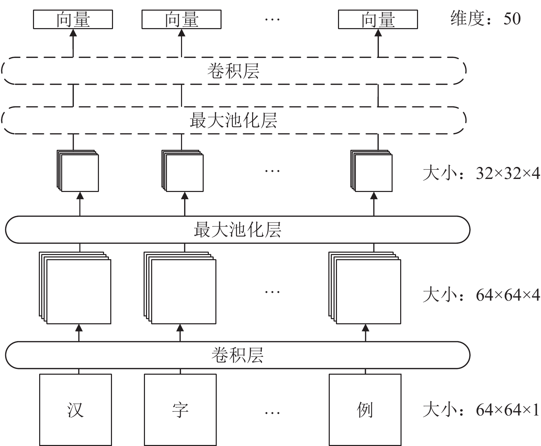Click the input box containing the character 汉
pyautogui.click(x=75, y=409)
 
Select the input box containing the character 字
pyautogui.click(x=180, y=409)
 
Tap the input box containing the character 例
pyautogui.click(x=365, y=409)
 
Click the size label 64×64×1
pyautogui.click(x=481, y=410)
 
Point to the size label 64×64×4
pyautogui.click(x=481, y=295)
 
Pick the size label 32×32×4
pyautogui.click(x=481, y=173)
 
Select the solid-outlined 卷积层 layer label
pyautogui.click(x=237, y=355)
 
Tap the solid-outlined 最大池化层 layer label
pyautogui.click(x=237, y=229)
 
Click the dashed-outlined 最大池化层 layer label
pyautogui.click(x=234, y=120)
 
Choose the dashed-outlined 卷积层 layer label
pyautogui.click(x=234, y=71)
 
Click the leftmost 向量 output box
pyautogui.click(x=73, y=19)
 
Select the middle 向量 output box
pyautogui.click(x=181, y=19)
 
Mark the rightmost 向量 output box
pyautogui.click(x=378, y=19)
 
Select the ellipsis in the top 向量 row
pyautogui.click(x=272, y=19)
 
